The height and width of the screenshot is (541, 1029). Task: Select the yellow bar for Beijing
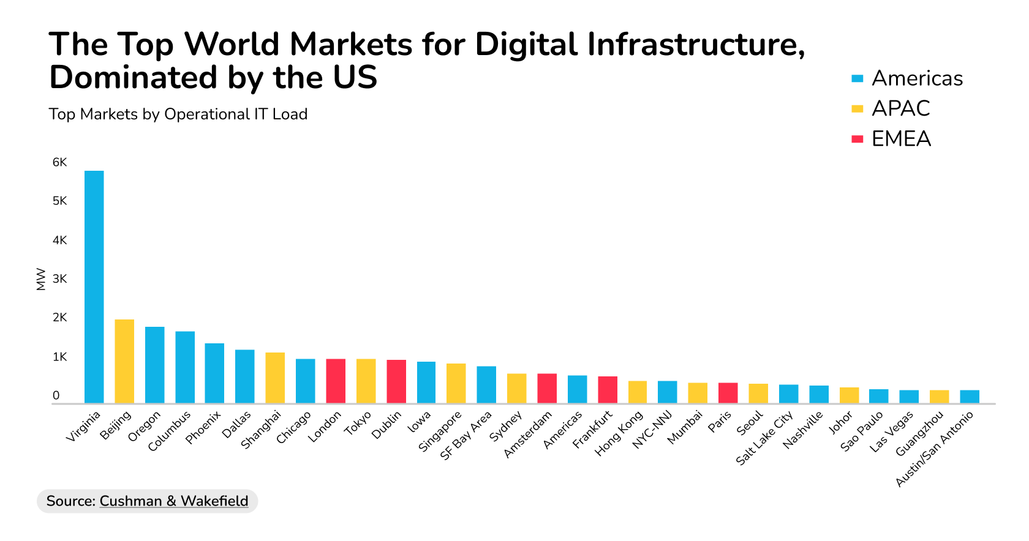(124, 361)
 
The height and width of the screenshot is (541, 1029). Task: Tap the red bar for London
(336, 381)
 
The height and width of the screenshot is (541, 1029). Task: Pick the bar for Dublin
(396, 381)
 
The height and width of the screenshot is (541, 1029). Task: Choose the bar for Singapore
(456, 383)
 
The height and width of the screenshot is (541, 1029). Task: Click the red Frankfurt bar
(608, 390)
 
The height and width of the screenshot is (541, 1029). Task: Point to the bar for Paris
(728, 393)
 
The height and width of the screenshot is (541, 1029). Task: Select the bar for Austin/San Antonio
(970, 397)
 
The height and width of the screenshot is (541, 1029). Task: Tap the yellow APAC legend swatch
(858, 109)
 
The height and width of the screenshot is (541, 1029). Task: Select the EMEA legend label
(901, 139)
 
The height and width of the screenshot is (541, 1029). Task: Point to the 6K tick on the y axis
(59, 162)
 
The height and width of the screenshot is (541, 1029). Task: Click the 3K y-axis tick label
(59, 279)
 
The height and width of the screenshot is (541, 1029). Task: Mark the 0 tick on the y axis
(56, 395)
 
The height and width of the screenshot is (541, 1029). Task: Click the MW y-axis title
(41, 279)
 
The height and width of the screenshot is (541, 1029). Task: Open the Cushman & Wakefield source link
(174, 501)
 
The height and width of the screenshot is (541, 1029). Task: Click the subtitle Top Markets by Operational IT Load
(178, 114)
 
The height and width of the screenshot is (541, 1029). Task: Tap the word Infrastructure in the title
(695, 44)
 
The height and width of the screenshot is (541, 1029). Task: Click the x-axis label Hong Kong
(619, 433)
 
